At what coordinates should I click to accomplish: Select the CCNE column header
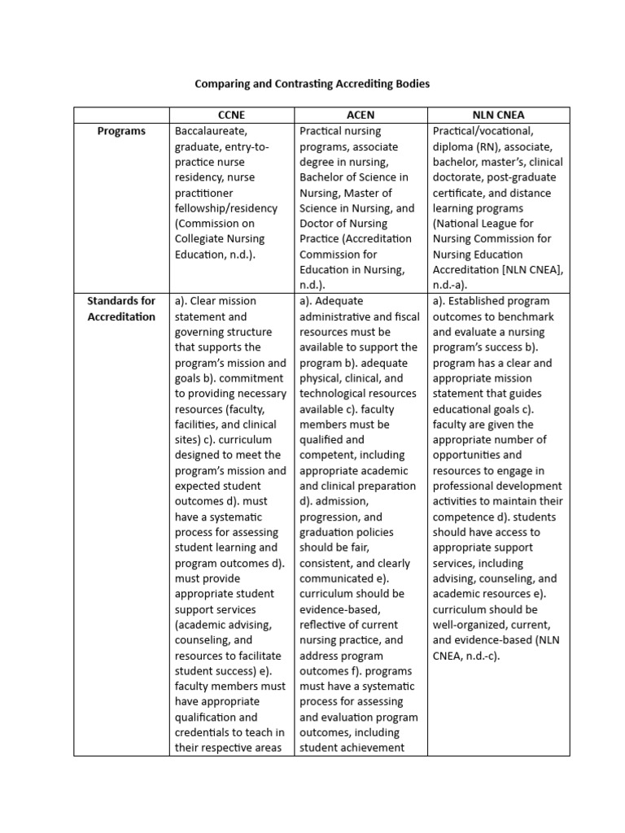tap(232, 116)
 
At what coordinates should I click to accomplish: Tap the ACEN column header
tap(361, 116)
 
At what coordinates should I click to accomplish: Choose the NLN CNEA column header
tap(498, 116)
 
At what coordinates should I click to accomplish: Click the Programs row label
tap(121, 131)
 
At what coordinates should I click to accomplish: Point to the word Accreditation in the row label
tap(121, 316)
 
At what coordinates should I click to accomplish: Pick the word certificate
tap(461, 193)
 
